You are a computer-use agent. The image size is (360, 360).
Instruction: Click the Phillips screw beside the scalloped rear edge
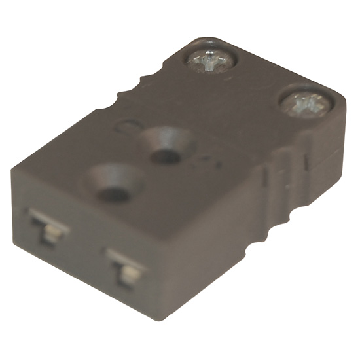click(x=211, y=61)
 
